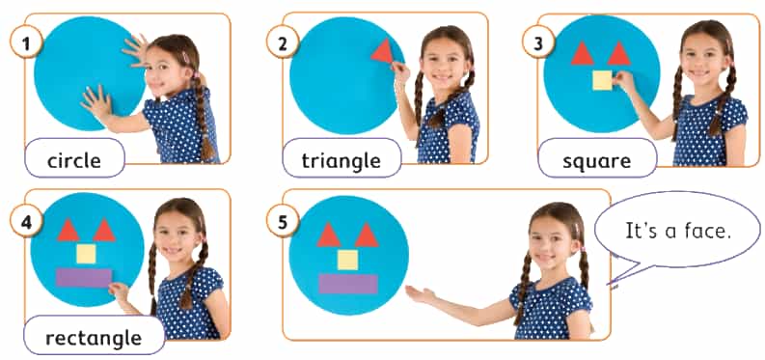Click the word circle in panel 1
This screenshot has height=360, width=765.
point(74,160)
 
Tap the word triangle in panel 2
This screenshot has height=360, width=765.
point(342,160)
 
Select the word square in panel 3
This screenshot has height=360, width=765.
point(596,161)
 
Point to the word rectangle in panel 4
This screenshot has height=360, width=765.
point(94,337)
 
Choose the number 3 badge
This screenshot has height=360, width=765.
point(537,42)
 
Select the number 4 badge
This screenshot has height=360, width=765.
point(25,223)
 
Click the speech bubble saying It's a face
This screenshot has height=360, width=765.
point(678,231)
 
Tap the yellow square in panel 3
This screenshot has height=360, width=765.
point(602,80)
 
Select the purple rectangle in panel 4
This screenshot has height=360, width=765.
point(84,277)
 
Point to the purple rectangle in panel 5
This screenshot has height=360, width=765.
point(348,284)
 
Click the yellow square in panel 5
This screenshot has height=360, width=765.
point(347,260)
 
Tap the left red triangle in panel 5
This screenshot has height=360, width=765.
point(328,235)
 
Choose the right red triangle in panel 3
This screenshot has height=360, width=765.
point(618,54)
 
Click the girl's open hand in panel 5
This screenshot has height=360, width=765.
point(421,294)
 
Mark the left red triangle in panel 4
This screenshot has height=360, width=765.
point(68,231)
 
